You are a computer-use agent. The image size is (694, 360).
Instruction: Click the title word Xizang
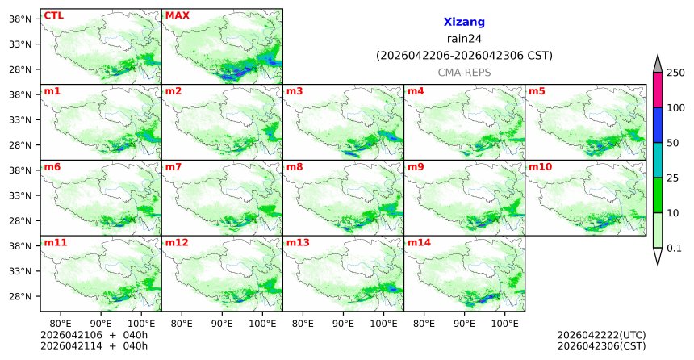tap(464, 23)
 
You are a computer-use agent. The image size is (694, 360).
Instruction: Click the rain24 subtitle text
tap(464, 39)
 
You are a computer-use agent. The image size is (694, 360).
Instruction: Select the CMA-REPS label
tap(464, 73)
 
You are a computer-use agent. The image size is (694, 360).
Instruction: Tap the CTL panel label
tap(53, 15)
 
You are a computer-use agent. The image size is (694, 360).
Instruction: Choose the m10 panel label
tap(540, 166)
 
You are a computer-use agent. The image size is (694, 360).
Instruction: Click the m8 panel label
tap(295, 166)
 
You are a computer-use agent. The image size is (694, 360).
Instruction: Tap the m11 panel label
tap(55, 241)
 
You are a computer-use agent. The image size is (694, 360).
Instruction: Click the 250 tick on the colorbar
tap(676, 73)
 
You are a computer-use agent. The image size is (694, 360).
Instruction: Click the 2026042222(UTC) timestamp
tap(601, 334)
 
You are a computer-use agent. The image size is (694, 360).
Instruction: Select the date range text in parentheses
tap(464, 56)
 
